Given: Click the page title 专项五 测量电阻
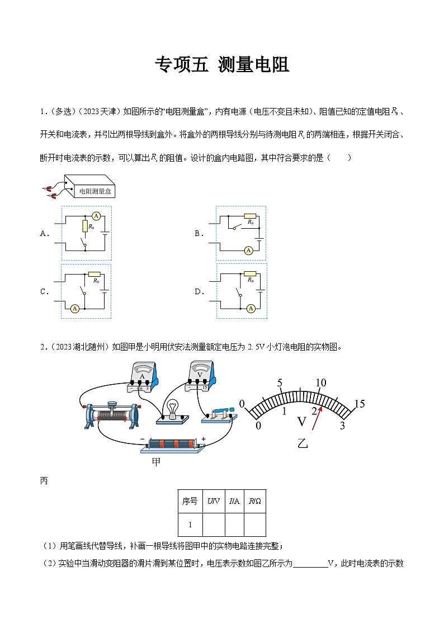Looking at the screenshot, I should pyautogui.click(x=221, y=65).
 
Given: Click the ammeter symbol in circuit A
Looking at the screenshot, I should pyautogui.click(x=96, y=216).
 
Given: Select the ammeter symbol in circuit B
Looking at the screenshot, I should pyautogui.click(x=248, y=251).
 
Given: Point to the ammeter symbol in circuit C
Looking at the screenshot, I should pyautogui.click(x=74, y=308).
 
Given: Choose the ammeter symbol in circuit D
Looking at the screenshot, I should pyautogui.click(x=251, y=308).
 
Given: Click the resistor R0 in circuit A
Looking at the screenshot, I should pyautogui.click(x=84, y=226).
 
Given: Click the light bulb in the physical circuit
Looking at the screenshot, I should pyautogui.click(x=173, y=408).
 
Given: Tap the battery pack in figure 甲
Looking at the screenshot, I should pyautogui.click(x=173, y=444).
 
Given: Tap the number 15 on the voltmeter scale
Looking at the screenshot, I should pyautogui.click(x=359, y=404).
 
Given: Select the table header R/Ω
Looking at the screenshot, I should pyautogui.click(x=254, y=502).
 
